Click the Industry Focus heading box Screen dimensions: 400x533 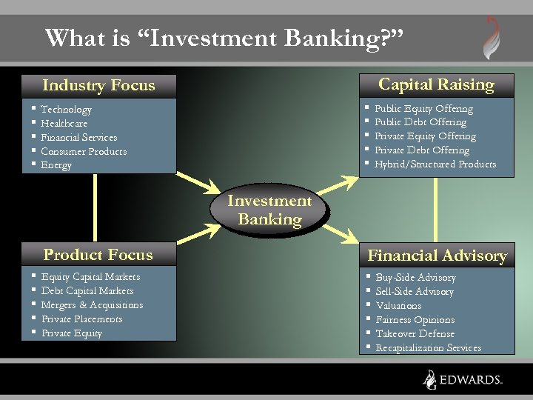point(98,85)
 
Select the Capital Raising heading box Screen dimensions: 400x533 point(436,84)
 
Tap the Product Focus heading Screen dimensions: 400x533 point(98,255)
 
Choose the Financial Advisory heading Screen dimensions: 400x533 point(437,256)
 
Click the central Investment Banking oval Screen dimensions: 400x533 point(269,210)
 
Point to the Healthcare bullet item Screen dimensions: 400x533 point(64,124)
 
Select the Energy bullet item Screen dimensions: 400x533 point(56,165)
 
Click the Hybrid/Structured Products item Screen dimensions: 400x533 point(435,164)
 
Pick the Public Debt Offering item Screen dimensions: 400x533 point(420,122)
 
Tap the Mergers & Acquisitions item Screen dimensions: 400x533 point(92,305)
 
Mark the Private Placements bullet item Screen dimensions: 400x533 point(81,319)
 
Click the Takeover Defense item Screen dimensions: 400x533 point(415,334)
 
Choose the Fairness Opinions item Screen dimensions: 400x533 point(415,320)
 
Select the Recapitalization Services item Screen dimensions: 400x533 point(428,348)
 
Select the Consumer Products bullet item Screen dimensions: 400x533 point(84,152)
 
